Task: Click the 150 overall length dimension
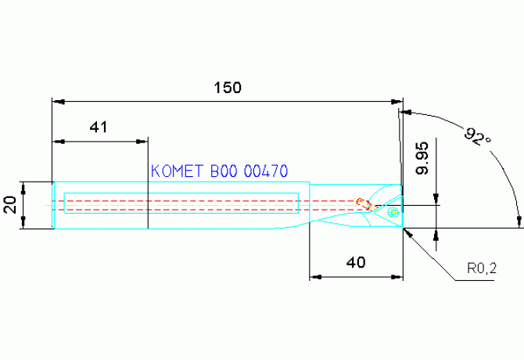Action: point(228,88)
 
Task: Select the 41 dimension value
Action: point(99,128)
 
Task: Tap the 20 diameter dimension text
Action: point(10,205)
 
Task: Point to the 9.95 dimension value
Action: point(422,158)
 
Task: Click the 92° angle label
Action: point(477,136)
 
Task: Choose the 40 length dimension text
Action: point(356,263)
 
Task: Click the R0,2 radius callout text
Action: point(482,268)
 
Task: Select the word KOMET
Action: point(177,171)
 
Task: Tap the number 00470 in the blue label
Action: point(266,171)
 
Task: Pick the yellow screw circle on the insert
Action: point(393,212)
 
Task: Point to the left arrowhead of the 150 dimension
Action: point(58,102)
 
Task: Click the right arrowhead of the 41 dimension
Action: point(142,142)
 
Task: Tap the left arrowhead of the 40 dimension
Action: point(315,277)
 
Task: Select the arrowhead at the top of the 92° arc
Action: point(406,113)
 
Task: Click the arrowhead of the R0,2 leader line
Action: point(408,233)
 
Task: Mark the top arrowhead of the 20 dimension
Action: point(23,188)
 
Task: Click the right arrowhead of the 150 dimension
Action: point(397,102)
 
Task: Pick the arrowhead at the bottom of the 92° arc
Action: point(519,221)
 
